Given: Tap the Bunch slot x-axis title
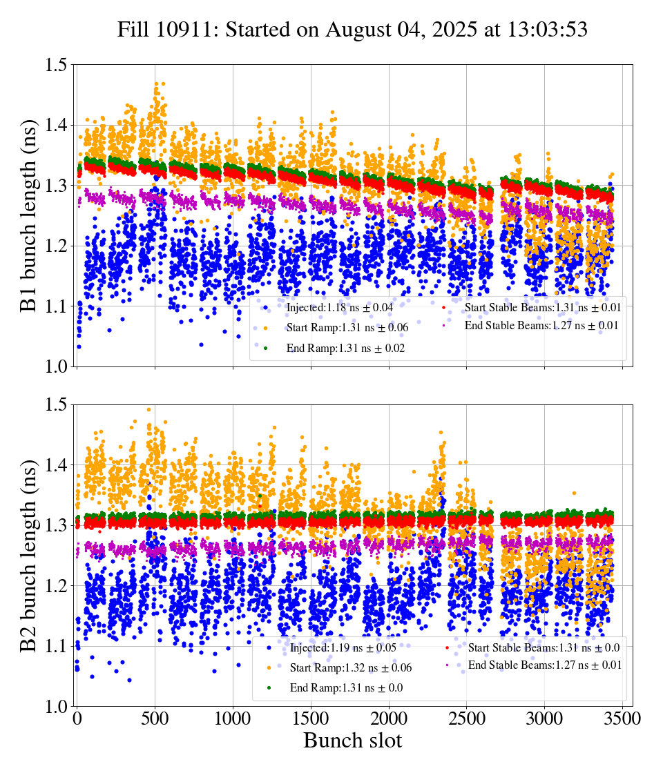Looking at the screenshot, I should click(352, 741).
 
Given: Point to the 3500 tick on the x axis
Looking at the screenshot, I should click(622, 718).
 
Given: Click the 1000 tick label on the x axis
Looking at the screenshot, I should click(233, 718).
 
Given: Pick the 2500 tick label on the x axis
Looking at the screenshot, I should click(467, 718).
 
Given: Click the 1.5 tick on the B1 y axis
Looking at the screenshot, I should click(56, 66).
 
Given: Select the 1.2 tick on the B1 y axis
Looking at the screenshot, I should click(56, 246).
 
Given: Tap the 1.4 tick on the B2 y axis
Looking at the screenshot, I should click(56, 466).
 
